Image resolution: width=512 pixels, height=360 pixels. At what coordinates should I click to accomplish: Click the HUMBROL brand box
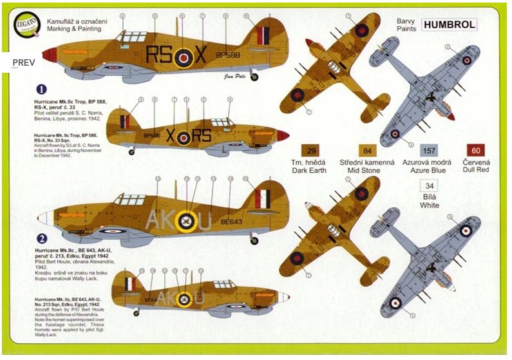[x=450, y=25]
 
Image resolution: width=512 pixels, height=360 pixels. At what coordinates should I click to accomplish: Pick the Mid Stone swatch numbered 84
[x=366, y=151]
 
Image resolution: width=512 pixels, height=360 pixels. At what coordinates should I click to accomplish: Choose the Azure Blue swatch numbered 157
[x=420, y=151]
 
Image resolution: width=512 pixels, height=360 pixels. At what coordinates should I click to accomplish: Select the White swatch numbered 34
[x=428, y=187]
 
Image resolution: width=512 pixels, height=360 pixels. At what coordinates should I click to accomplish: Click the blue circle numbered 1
[x=42, y=90]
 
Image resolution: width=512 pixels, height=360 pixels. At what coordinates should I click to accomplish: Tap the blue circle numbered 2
[x=42, y=236]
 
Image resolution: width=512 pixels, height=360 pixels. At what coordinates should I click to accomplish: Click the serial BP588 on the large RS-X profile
[x=228, y=56]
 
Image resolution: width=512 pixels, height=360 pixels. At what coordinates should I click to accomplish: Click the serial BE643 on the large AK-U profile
[x=231, y=221]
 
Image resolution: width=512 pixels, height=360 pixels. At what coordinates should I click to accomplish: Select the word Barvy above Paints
[x=406, y=20]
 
